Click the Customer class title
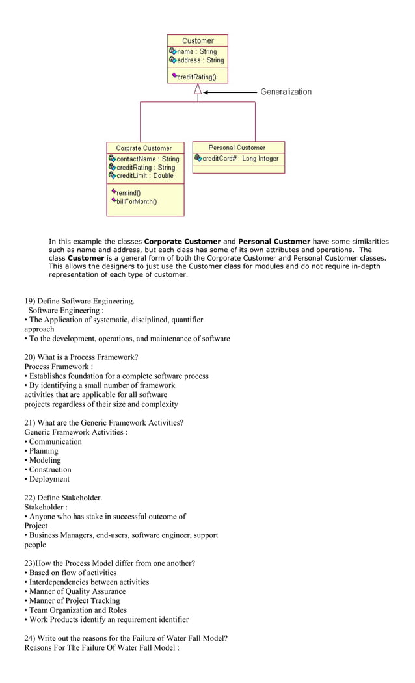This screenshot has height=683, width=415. coord(198,40)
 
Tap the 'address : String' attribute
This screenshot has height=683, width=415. coord(196,60)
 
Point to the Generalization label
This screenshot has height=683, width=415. coord(286,92)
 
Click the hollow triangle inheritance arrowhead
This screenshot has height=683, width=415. coord(198,90)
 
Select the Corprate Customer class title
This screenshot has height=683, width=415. coord(144,148)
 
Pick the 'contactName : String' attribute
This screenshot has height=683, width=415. coord(144,159)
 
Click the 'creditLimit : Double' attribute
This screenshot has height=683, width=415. coord(141,175)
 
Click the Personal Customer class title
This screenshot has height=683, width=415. coord(237,148)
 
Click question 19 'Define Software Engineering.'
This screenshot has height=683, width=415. coord(79,301)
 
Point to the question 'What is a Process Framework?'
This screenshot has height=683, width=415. coord(81,357)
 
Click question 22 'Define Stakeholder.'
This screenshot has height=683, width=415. coord(63,498)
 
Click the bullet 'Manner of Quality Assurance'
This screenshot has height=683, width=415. coord(77,591)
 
